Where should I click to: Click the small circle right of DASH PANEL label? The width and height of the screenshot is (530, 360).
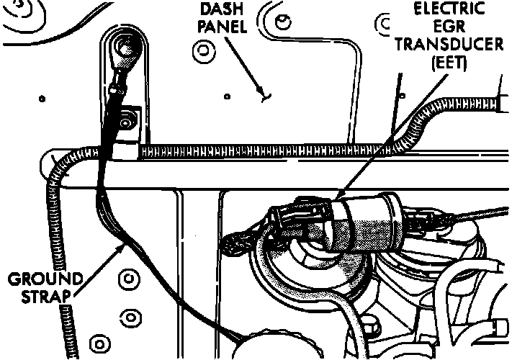(x=287, y=21)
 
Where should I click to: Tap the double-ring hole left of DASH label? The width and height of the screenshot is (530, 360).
(x=202, y=51)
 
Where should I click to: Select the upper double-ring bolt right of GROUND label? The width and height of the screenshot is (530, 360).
(x=130, y=276)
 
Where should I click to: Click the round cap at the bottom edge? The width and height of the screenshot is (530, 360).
(x=266, y=346)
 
